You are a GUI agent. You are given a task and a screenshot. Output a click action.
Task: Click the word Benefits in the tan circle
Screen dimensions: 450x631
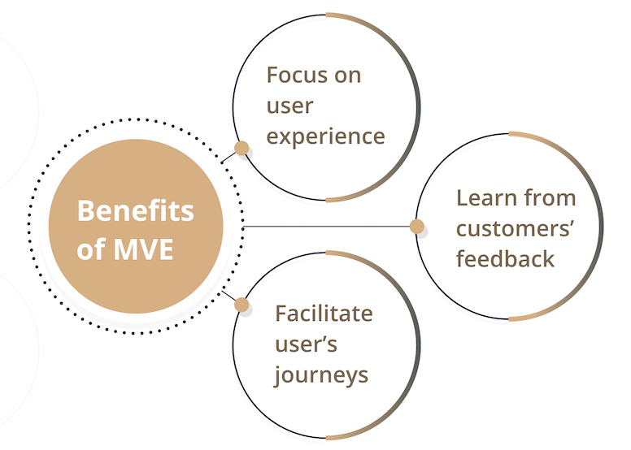pos(136,211)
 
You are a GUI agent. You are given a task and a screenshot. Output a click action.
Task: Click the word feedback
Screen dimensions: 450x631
pos(505,258)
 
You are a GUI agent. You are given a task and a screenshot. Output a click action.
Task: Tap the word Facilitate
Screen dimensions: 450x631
pos(323,313)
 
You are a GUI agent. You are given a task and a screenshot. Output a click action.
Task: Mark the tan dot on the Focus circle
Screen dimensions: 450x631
pos(242,148)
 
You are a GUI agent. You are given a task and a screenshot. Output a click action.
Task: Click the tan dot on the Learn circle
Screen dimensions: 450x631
pos(417,227)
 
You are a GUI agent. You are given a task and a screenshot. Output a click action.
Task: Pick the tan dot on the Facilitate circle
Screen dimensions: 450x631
pos(242,305)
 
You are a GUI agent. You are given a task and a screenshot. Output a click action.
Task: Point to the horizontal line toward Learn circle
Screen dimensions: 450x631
pos(325,227)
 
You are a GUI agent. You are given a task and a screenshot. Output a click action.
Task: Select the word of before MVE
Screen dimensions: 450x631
pos(89,249)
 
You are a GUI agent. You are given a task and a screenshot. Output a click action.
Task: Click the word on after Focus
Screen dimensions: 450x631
pos(348,76)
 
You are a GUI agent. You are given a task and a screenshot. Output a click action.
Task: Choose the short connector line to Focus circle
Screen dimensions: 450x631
pos(228,157)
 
